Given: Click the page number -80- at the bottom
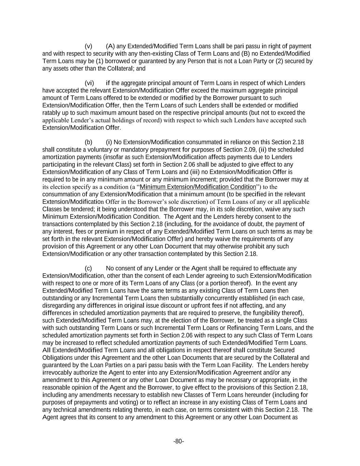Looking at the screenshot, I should [178, 441].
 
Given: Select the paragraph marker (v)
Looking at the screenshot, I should [88, 46].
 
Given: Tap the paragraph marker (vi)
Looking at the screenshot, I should [89, 83].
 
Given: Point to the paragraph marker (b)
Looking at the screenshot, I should [88, 142].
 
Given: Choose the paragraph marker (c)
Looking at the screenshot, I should [88, 268].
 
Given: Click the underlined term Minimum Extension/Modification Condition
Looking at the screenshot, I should [198, 187].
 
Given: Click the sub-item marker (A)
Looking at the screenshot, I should [111, 46].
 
